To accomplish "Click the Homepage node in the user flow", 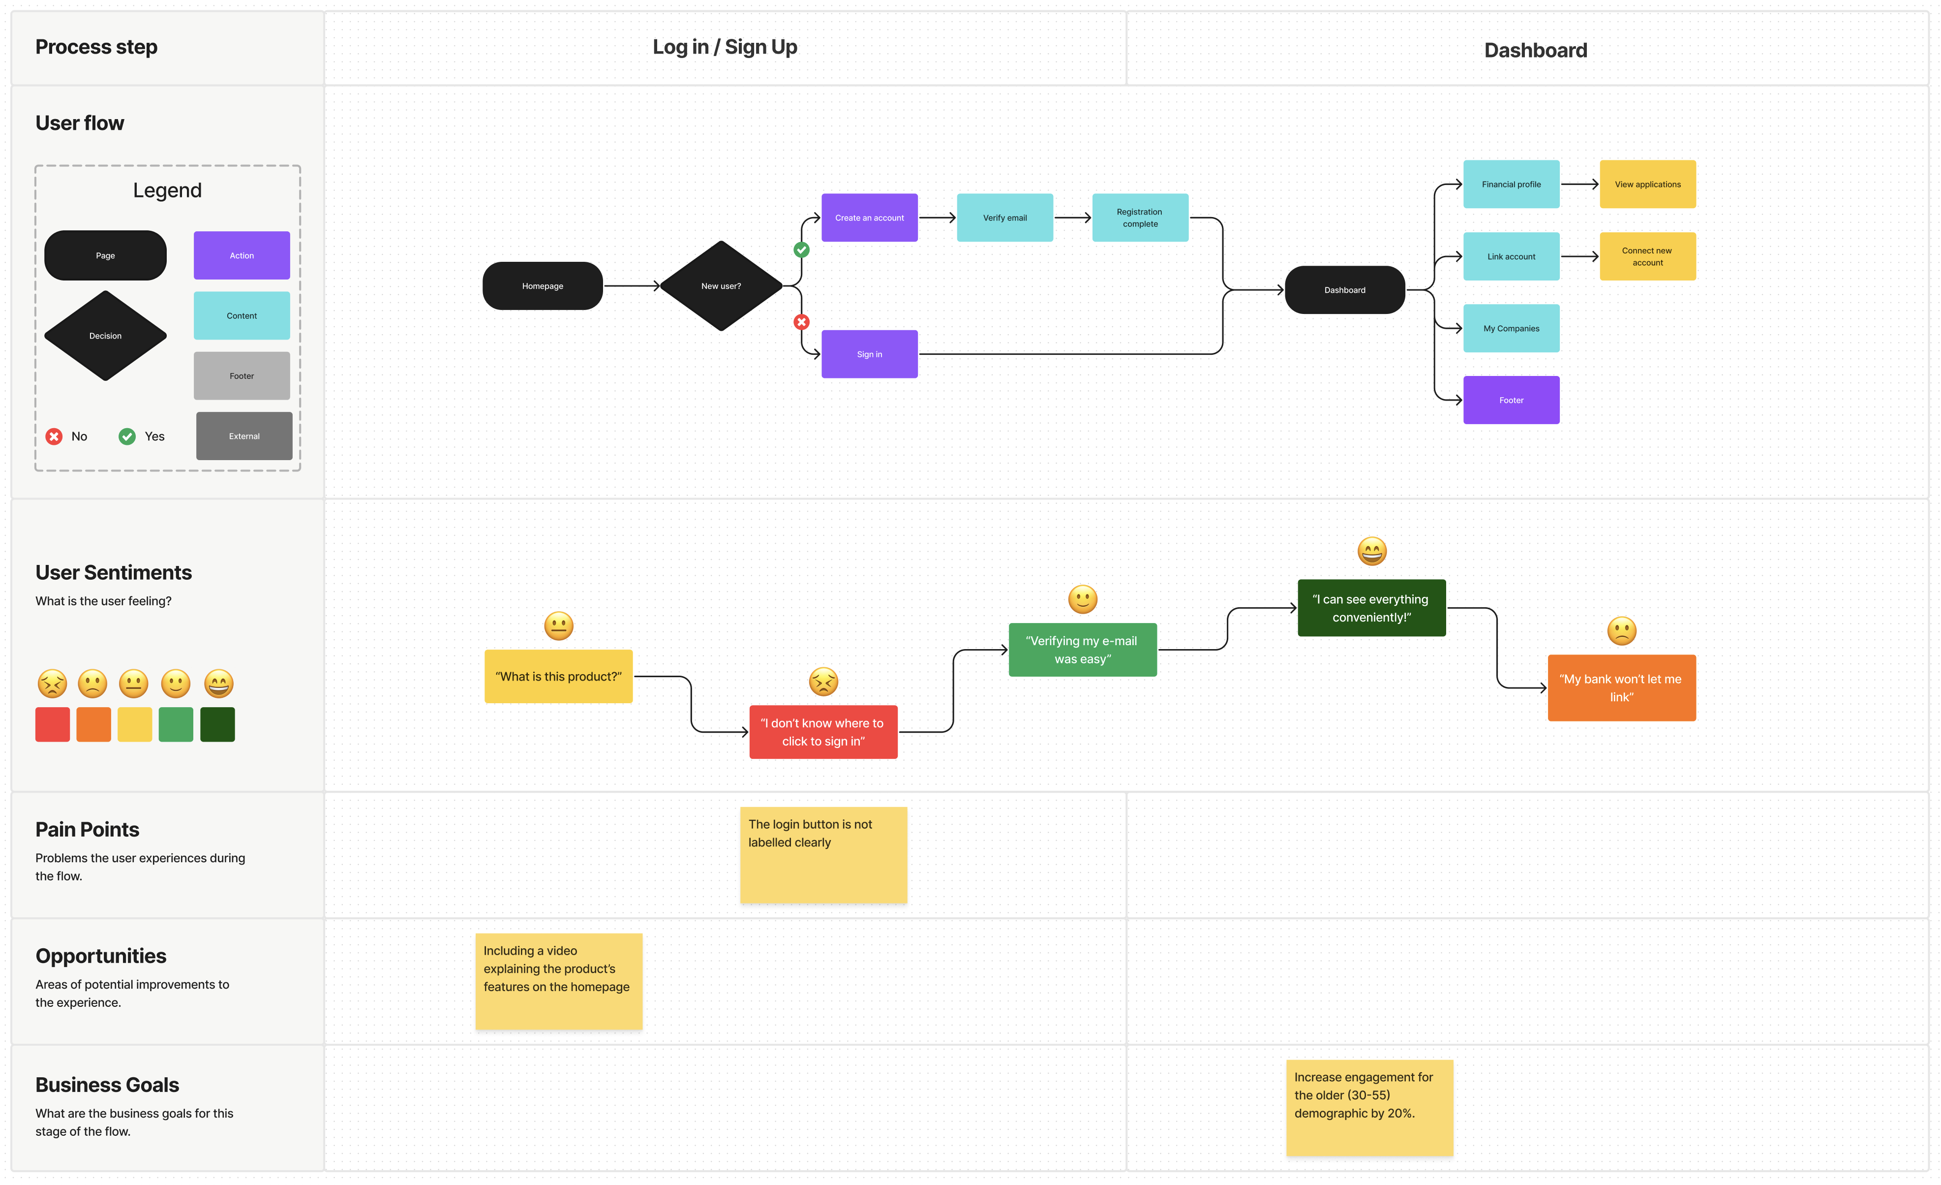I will click(x=542, y=286).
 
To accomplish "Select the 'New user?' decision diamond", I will click(x=721, y=286).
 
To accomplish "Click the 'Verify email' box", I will click(x=1004, y=218).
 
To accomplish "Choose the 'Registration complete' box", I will click(x=1140, y=218).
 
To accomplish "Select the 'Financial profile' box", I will click(x=1511, y=185).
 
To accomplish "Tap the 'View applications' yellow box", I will click(x=1647, y=185).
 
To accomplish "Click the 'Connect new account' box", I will click(x=1647, y=256).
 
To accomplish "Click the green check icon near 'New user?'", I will click(x=801, y=250).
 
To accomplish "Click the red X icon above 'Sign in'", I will click(x=801, y=321).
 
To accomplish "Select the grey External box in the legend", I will click(x=244, y=436).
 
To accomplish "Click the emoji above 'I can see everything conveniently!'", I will click(x=1371, y=551).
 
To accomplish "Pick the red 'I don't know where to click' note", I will click(x=823, y=731).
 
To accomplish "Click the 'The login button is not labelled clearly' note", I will click(x=823, y=854).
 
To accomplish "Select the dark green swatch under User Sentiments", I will click(x=217, y=724).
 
